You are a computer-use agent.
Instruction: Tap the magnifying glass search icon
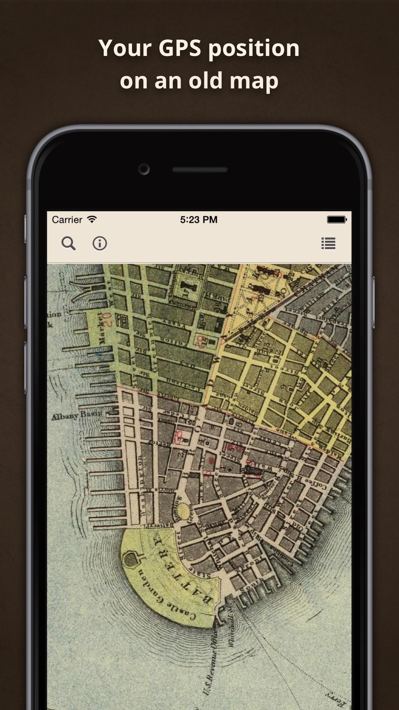(68, 243)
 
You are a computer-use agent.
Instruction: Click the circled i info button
(100, 243)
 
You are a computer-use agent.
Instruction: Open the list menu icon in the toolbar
(328, 243)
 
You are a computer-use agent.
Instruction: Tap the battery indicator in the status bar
(337, 220)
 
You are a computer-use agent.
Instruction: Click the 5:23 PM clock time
(199, 220)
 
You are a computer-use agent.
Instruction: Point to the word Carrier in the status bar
(67, 220)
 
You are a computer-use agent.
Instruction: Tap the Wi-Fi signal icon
(92, 220)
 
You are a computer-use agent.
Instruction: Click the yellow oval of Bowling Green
(183, 511)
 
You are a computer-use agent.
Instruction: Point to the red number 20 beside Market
(108, 319)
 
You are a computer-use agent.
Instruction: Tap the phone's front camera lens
(144, 169)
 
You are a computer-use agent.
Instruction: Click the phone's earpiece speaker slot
(200, 169)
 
